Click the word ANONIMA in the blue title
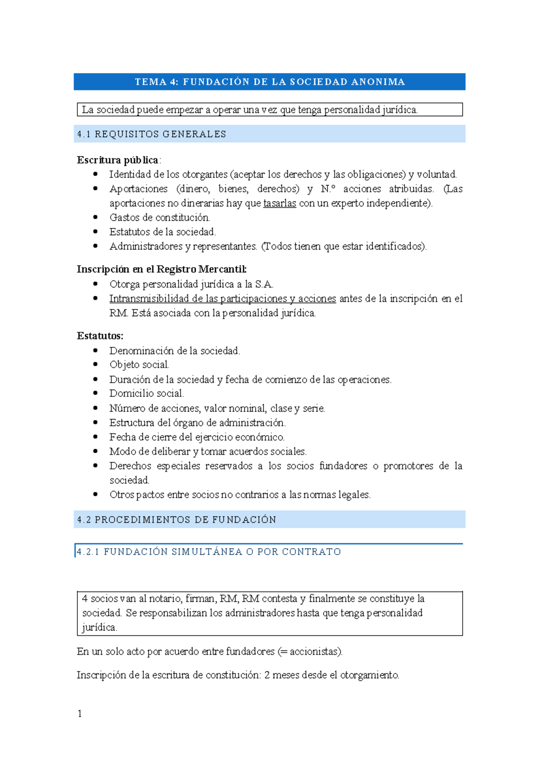click(378, 82)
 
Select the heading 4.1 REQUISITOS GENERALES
click(152, 134)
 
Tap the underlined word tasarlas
click(279, 203)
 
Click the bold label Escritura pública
click(117, 160)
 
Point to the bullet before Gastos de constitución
click(95, 217)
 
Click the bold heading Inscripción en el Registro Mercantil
click(162, 269)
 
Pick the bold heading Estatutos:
click(100, 336)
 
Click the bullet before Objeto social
click(95, 364)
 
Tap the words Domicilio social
click(147, 393)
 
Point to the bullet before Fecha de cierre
click(95, 437)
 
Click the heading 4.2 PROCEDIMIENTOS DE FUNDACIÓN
click(176, 520)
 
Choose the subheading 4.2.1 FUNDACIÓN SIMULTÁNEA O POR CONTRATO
click(209, 552)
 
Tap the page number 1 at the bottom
click(80, 714)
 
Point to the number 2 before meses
click(267, 675)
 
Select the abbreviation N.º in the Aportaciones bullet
click(328, 189)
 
